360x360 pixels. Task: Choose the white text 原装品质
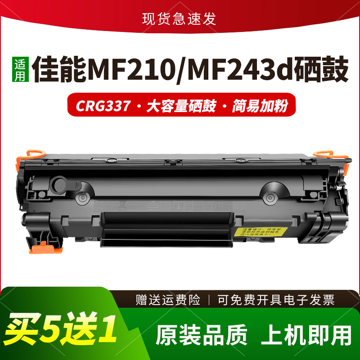tap(202, 335)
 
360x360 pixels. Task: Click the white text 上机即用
tap(306, 335)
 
